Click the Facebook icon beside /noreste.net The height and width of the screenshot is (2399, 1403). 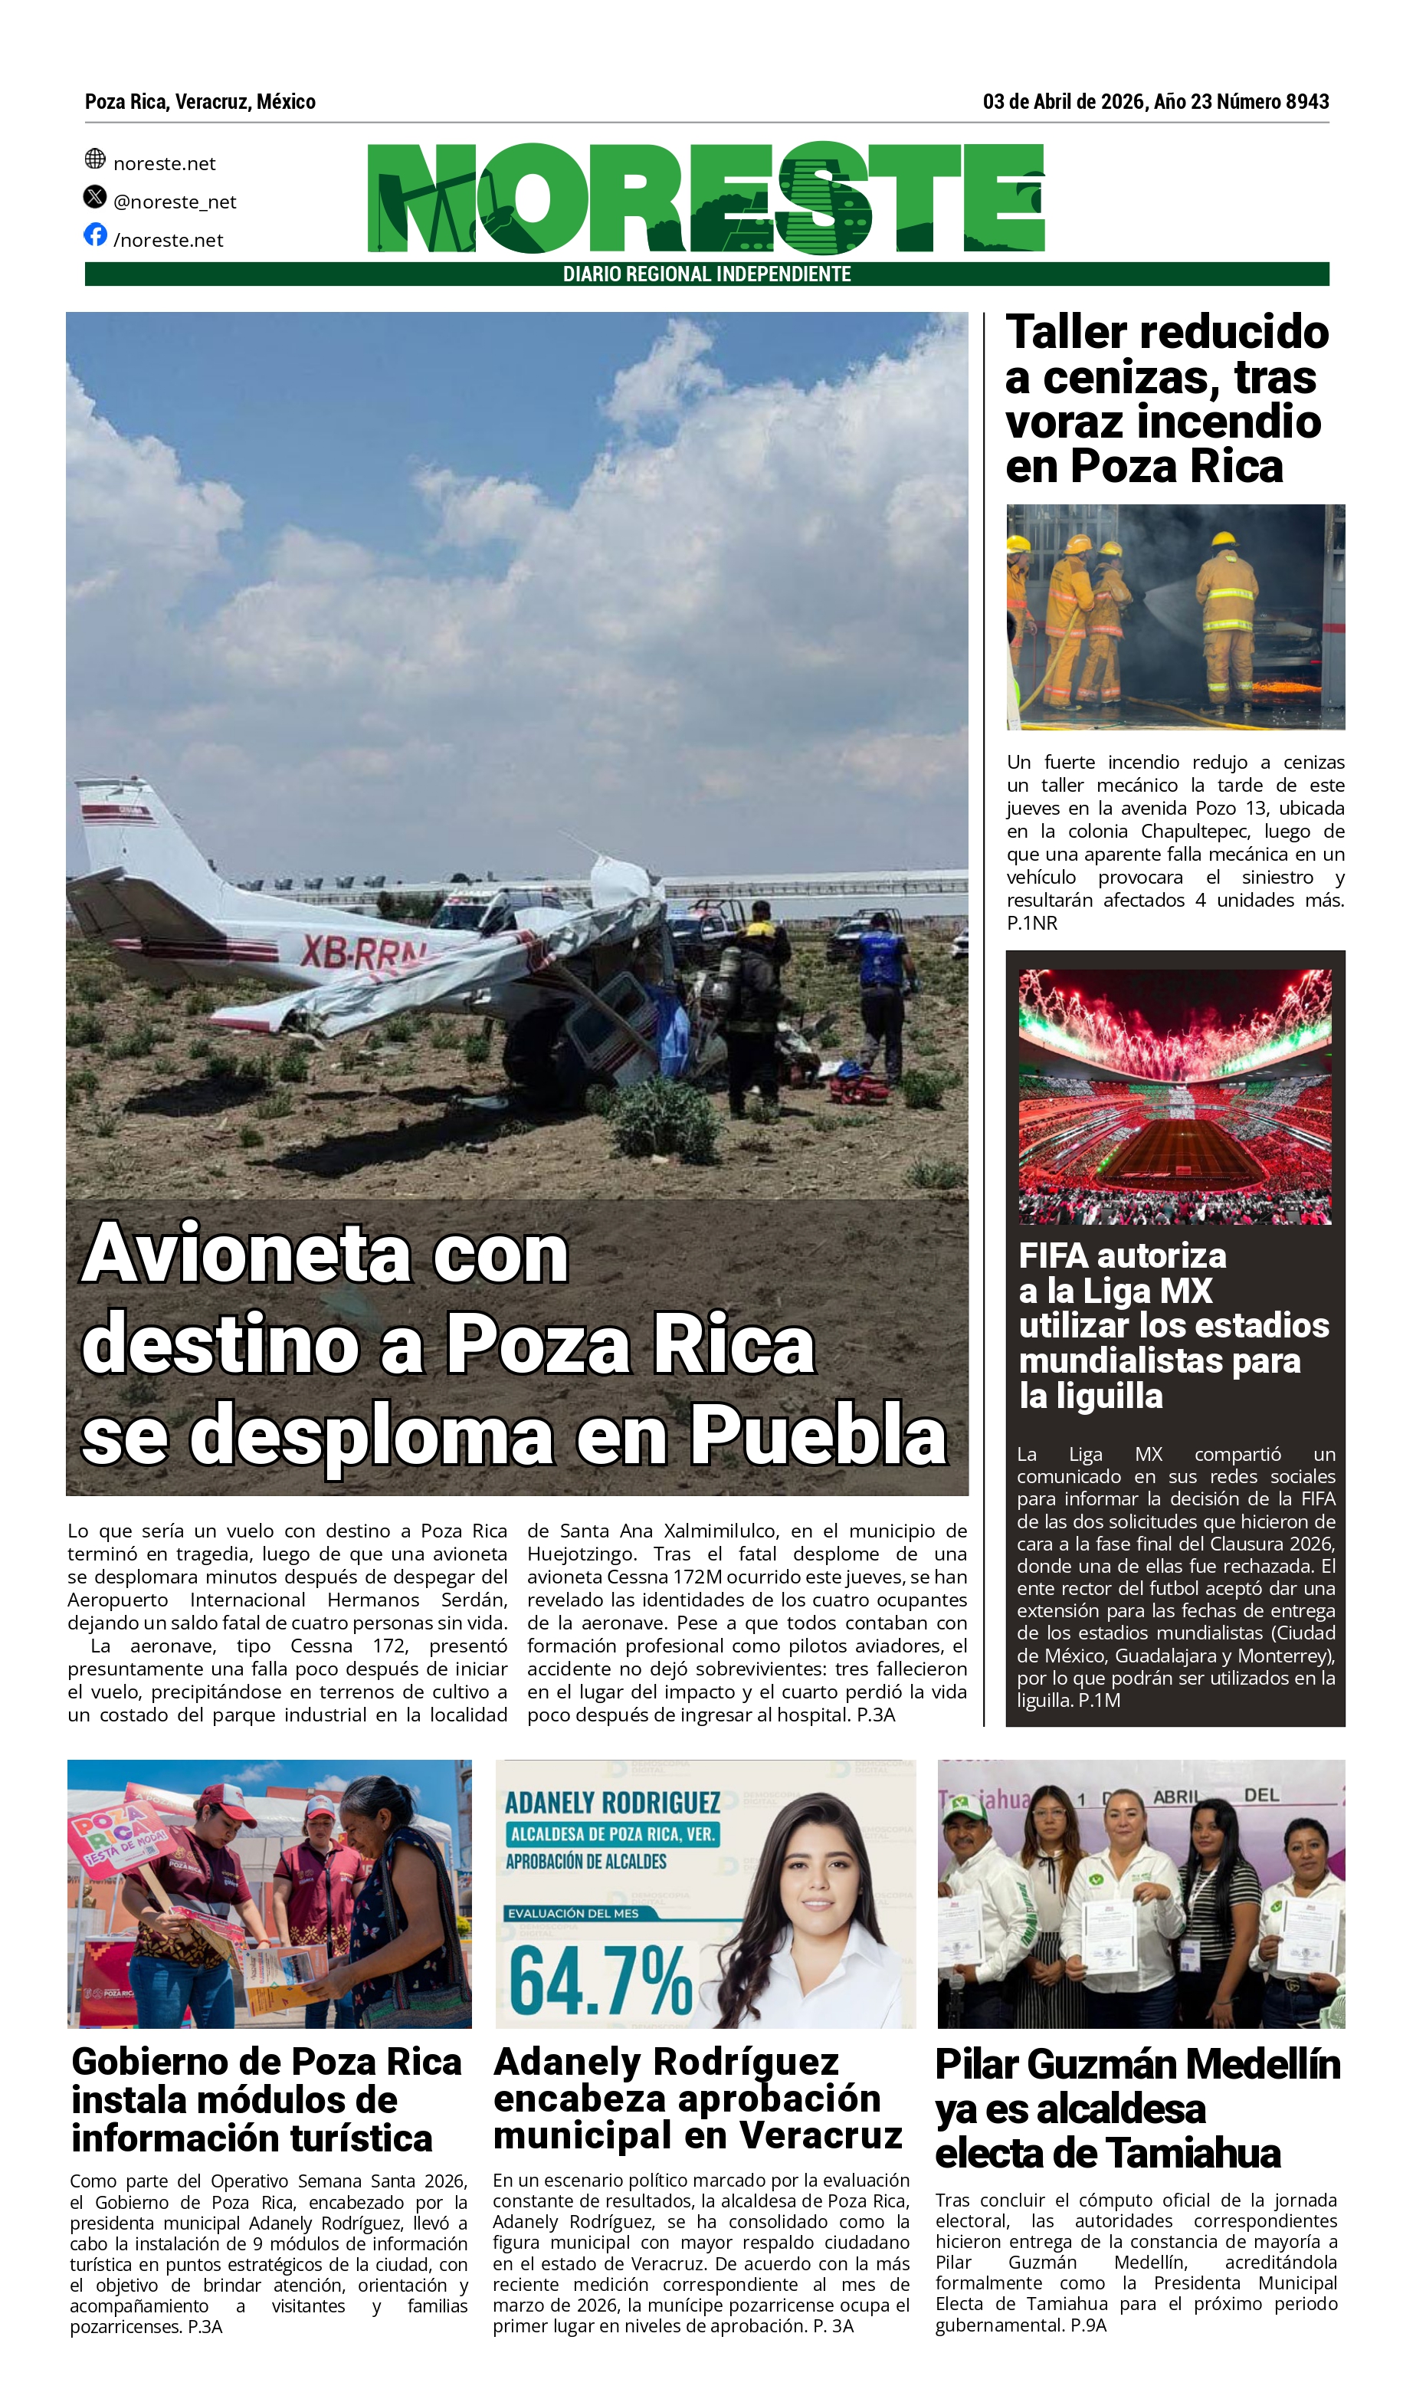tap(95, 235)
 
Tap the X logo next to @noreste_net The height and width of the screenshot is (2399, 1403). tap(95, 197)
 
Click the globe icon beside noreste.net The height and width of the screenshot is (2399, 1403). tap(95, 158)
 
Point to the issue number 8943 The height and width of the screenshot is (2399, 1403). tap(1307, 102)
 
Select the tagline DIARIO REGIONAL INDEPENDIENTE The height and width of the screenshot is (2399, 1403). tap(706, 274)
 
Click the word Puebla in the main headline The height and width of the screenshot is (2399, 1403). tap(818, 1436)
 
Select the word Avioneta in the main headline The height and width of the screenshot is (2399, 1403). tap(247, 1254)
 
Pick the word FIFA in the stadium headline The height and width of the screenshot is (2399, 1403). tap(1054, 1255)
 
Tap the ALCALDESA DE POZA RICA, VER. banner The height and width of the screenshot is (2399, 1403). tap(611, 1833)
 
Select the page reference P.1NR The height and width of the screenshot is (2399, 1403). tap(1032, 923)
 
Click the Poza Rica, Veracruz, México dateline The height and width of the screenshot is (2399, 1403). tap(200, 102)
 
